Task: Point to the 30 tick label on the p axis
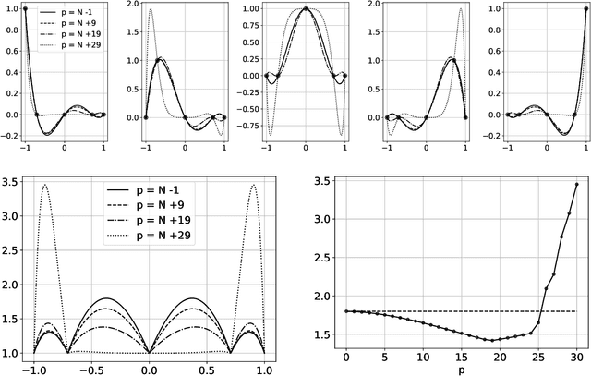coord(576,357)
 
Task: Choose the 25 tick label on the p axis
coord(537,357)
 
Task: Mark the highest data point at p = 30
coord(576,184)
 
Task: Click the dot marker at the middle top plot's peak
coord(305,8)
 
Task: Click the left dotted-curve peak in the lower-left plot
coord(44,185)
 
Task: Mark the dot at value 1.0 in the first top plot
coord(25,9)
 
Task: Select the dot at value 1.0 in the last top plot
coord(583,9)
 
